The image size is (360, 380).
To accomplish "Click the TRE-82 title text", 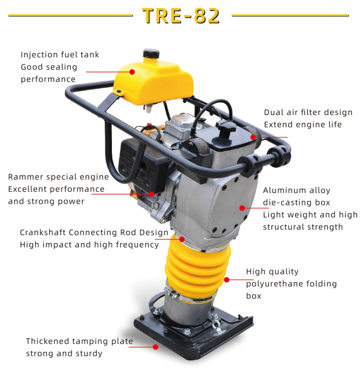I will [181, 16].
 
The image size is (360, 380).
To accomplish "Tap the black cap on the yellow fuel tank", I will [151, 54].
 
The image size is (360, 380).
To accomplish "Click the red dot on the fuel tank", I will [132, 72].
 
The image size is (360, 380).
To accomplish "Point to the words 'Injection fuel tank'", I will [60, 54].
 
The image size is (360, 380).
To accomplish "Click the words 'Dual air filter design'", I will [308, 112].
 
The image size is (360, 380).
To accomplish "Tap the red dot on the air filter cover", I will [253, 137].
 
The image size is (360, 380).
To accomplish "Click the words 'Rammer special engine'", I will [59, 177].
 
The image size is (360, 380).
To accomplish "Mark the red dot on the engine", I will [152, 194].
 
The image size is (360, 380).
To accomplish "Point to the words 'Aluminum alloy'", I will [296, 190].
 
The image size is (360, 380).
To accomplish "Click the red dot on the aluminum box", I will [242, 208].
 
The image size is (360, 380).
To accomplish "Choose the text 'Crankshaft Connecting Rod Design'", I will [94, 232].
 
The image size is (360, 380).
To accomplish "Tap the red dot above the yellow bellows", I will [182, 239].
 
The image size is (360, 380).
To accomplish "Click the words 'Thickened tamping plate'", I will [80, 341].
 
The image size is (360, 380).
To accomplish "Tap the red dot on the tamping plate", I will [155, 346].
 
